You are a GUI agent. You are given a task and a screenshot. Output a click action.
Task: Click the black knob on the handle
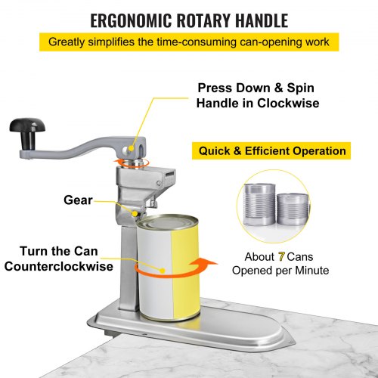(x=27, y=132)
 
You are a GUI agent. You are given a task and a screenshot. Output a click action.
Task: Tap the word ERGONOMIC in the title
(x=131, y=20)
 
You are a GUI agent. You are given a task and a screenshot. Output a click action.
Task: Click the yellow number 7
(x=281, y=256)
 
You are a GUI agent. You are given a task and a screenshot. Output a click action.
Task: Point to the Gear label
(x=78, y=200)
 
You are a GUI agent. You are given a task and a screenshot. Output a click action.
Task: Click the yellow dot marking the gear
(x=135, y=214)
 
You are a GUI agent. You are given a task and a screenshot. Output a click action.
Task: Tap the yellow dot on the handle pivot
(x=131, y=148)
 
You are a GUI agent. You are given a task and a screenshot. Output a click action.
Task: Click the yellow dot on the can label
(x=163, y=271)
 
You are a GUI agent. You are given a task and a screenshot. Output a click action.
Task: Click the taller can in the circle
(x=259, y=204)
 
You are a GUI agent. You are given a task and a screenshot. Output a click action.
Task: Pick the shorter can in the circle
(x=293, y=209)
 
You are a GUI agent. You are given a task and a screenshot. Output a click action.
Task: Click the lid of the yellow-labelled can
(x=167, y=222)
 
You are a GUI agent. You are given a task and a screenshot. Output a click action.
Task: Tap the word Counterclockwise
(x=59, y=266)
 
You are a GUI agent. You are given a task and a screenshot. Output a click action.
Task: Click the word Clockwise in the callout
(x=288, y=103)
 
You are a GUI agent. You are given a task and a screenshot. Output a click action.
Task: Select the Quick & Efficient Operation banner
(x=271, y=150)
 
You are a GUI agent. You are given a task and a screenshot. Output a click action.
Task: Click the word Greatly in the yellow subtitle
(x=67, y=42)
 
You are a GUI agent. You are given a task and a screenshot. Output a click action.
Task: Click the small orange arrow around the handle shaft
(x=131, y=163)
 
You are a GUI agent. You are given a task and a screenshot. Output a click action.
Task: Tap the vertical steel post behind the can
(x=129, y=267)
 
